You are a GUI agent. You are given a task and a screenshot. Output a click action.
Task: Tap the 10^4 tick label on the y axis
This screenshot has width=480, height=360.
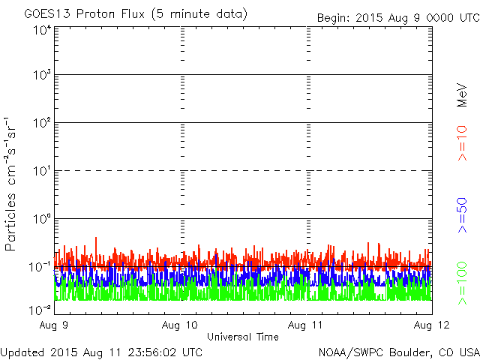pyautogui.click(x=42, y=31)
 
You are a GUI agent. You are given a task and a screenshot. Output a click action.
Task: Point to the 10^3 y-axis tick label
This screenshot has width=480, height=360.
pyautogui.click(x=42, y=76)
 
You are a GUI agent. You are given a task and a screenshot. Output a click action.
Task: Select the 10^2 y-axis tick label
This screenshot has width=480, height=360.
pyautogui.click(x=42, y=124)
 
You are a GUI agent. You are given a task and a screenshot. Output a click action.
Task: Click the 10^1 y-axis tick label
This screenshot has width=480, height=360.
pyautogui.click(x=42, y=172)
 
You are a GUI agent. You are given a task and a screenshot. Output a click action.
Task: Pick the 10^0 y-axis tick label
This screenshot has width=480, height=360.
pyautogui.click(x=42, y=220)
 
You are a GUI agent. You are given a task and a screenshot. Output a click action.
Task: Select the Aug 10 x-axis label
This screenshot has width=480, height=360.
pyautogui.click(x=180, y=325)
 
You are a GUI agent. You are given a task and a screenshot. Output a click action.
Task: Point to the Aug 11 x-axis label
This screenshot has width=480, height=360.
pyautogui.click(x=307, y=325)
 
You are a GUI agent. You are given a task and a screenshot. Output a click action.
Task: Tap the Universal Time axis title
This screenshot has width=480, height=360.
pyautogui.click(x=242, y=337)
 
